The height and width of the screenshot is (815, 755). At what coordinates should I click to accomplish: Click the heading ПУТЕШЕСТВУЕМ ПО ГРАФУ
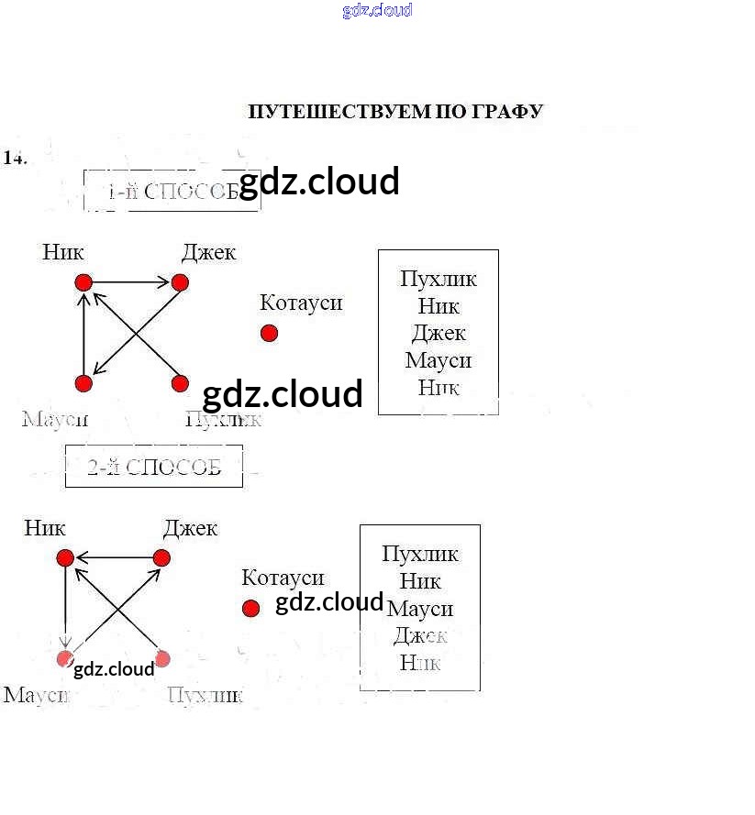click(395, 112)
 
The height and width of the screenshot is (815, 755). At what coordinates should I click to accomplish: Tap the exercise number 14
click(15, 158)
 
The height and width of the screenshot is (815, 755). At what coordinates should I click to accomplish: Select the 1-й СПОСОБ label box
click(172, 191)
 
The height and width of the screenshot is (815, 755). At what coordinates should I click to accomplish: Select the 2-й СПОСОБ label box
click(154, 467)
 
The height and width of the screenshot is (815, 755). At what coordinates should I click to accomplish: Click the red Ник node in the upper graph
click(83, 282)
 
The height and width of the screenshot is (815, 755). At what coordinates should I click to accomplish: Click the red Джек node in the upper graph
click(180, 282)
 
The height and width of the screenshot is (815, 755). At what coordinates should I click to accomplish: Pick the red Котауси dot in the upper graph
click(269, 333)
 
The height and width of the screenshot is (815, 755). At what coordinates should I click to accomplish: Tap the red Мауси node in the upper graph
click(83, 383)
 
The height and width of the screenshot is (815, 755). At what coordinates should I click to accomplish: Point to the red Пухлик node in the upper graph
click(180, 383)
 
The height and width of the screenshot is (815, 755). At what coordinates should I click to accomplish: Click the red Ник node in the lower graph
click(65, 557)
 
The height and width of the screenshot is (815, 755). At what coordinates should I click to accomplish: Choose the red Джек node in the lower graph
click(161, 557)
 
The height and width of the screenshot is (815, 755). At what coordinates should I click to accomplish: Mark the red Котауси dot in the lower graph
click(250, 608)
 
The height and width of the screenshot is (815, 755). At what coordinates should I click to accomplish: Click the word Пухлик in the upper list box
click(439, 279)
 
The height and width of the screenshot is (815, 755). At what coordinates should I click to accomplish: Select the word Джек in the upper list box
click(439, 333)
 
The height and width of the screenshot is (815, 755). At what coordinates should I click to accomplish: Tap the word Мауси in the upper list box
click(439, 360)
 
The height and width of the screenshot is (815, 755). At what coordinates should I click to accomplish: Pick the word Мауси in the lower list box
click(420, 608)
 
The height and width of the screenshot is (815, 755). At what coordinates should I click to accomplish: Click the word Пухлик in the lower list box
click(420, 554)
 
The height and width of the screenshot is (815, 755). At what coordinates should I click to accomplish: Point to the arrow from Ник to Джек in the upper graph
click(131, 282)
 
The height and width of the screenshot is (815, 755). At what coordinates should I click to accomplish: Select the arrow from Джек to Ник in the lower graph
click(113, 557)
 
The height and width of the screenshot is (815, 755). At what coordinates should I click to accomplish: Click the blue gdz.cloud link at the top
click(377, 10)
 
